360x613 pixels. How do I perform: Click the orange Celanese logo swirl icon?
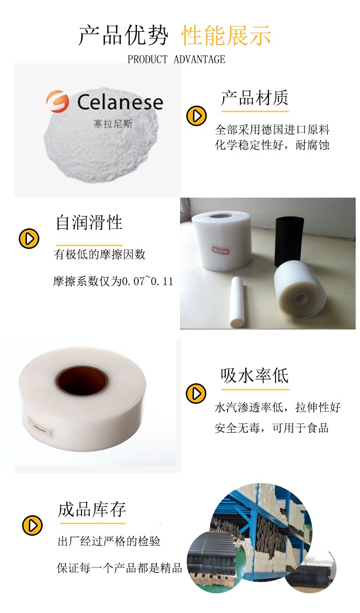point(58,102)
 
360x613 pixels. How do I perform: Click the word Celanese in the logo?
point(120,102)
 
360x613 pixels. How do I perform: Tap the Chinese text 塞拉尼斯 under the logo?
point(113,123)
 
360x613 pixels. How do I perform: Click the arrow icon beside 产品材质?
point(196,116)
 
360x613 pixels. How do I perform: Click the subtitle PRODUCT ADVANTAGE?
point(176,59)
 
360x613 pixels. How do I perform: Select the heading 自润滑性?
point(89,222)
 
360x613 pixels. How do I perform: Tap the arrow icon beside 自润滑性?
point(29,238)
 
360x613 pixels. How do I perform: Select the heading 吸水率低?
point(254,375)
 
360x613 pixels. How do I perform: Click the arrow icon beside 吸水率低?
point(196,393)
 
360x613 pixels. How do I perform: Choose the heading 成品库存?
point(92,509)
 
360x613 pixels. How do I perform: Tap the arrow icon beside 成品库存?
point(33,525)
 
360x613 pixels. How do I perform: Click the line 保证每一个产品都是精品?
point(120,569)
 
